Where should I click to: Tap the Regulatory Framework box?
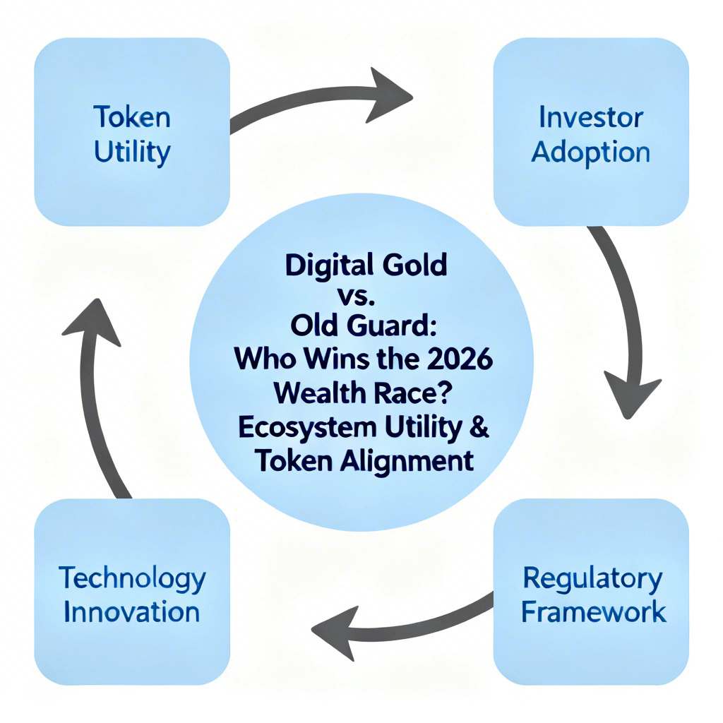coord(590,594)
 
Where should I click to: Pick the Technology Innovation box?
coord(132,594)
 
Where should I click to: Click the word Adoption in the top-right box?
coord(590,150)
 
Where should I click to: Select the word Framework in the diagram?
coord(593,611)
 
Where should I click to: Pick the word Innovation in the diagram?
coord(132,611)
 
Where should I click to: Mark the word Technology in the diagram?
coord(132,579)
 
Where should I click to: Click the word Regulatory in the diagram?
coord(593,579)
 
